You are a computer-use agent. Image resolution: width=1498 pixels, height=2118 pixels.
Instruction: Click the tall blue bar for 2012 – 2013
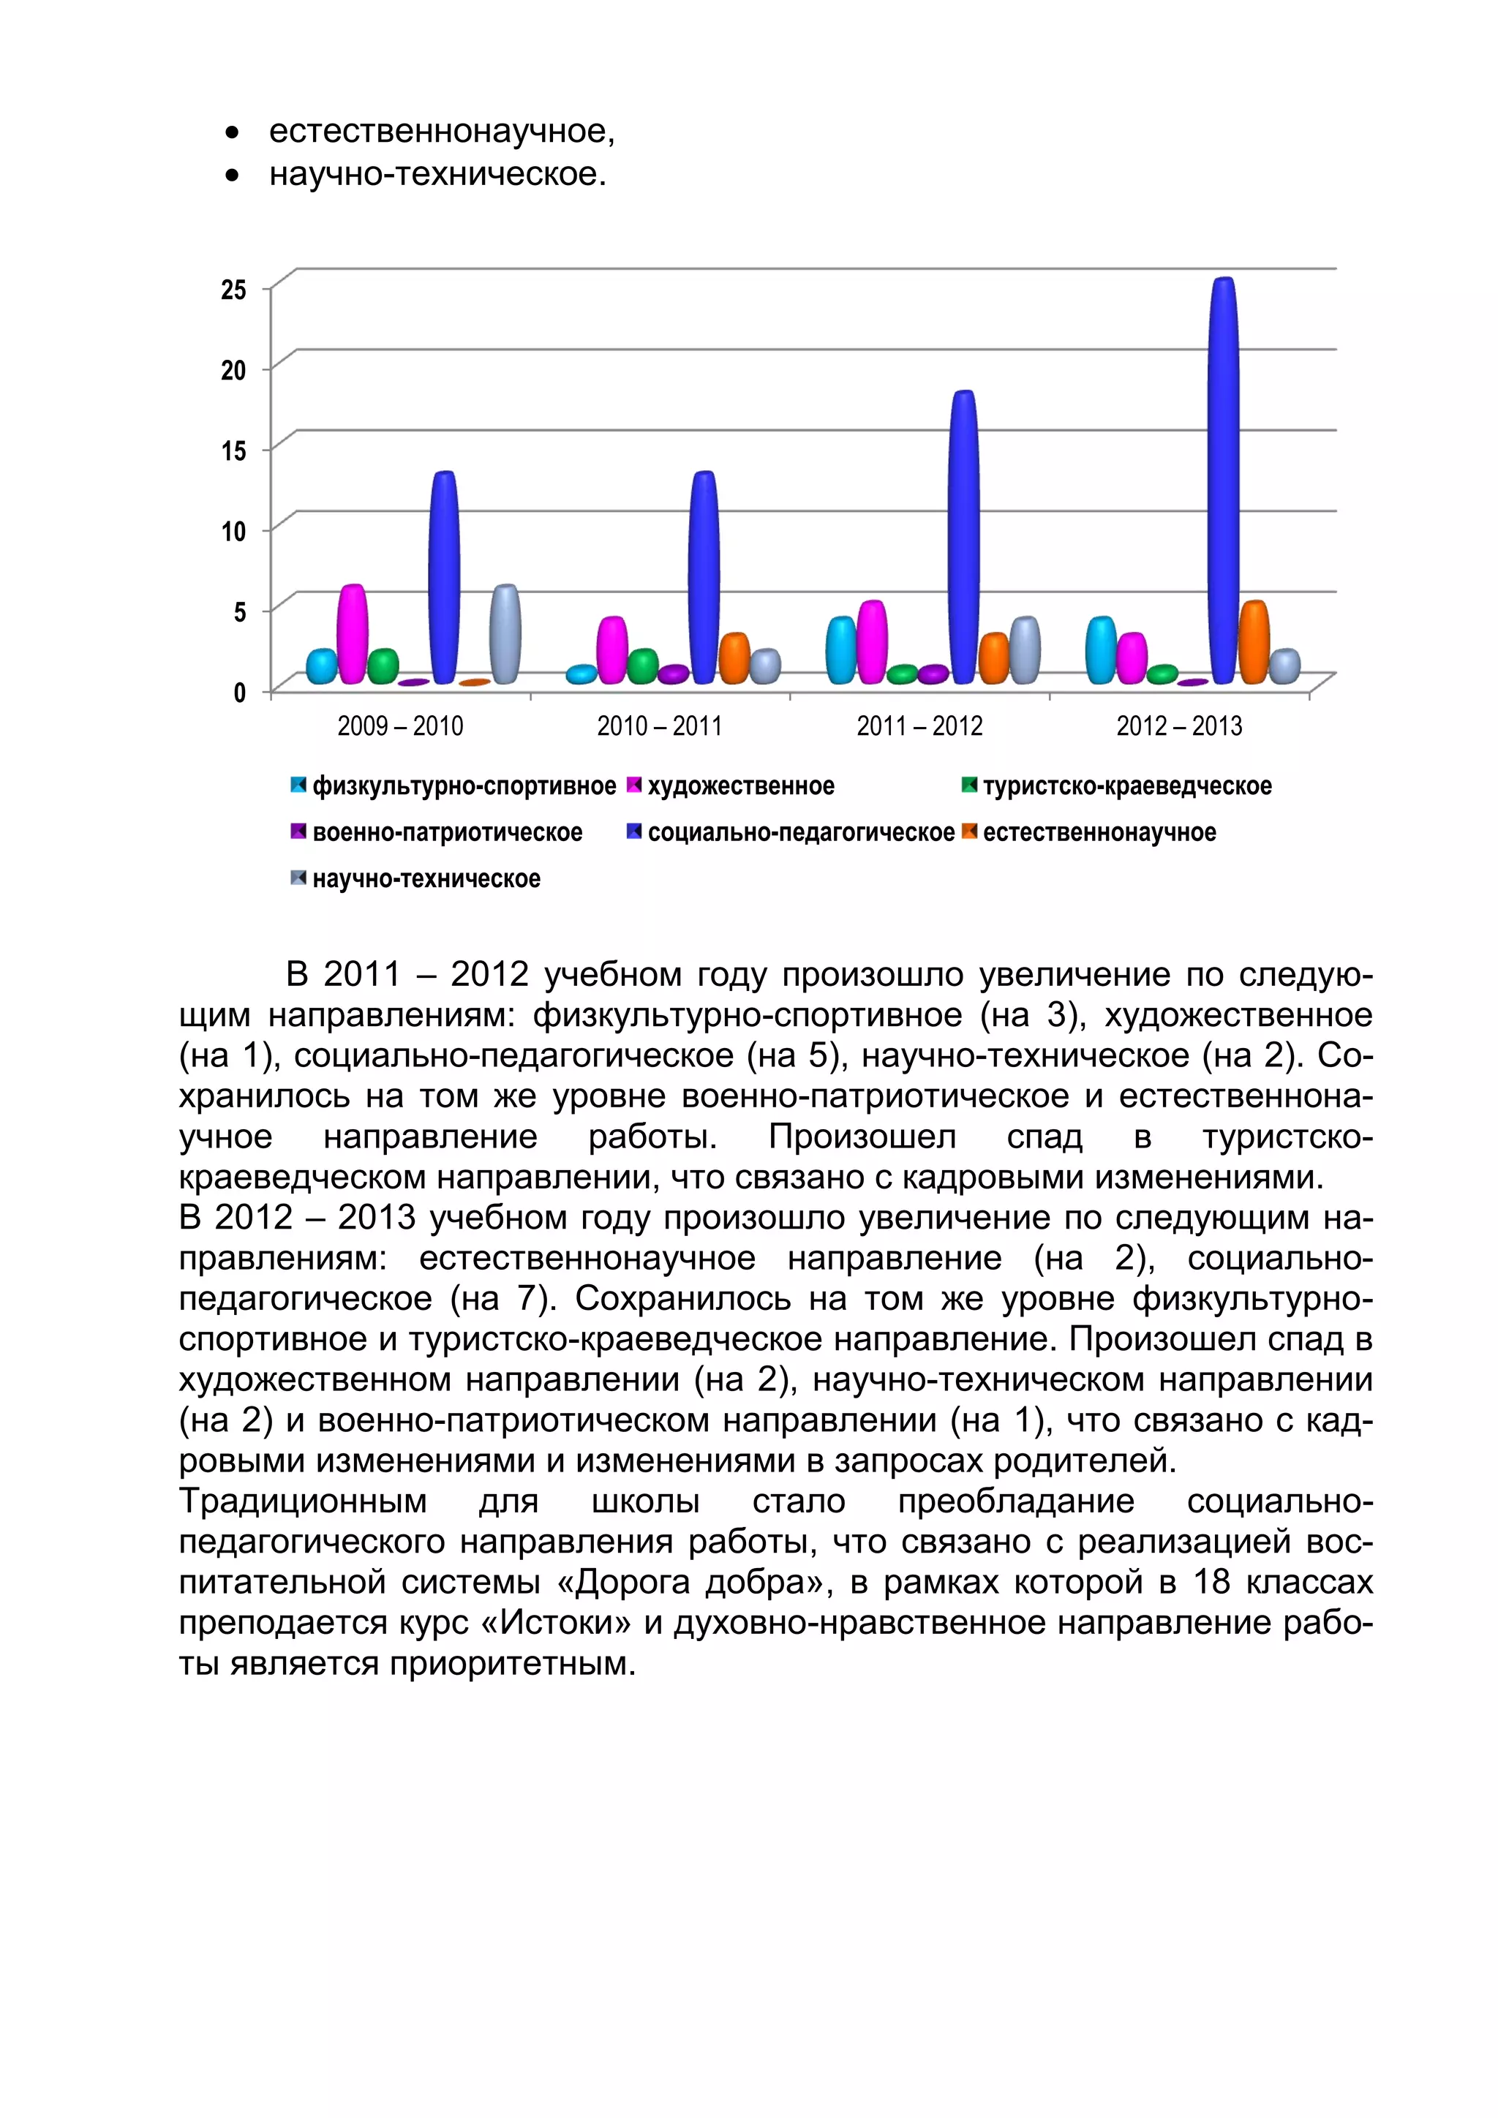(x=1223, y=480)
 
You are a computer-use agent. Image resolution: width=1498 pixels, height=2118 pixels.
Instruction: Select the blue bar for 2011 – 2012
(x=963, y=537)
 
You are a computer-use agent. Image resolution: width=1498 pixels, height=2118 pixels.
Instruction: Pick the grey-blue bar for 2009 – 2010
(x=505, y=634)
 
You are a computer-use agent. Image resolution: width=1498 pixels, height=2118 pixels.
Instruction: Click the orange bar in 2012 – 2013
(x=1254, y=642)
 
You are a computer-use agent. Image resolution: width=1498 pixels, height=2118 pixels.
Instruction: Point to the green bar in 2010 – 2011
(x=642, y=666)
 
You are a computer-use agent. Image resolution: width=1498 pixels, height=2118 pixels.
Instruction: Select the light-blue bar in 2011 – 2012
(x=840, y=650)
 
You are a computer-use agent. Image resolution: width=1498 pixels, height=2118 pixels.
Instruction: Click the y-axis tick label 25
(x=233, y=290)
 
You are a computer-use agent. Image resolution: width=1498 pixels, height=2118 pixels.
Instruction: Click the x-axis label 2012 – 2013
(x=1179, y=726)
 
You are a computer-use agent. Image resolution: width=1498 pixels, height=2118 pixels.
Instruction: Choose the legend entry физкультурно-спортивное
(x=464, y=786)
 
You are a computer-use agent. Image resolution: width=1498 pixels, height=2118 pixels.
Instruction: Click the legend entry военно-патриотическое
(x=448, y=832)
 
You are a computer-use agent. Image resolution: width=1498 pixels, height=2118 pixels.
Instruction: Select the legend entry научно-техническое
(x=426, y=878)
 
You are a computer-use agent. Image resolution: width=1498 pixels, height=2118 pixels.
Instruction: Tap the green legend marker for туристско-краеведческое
(x=968, y=785)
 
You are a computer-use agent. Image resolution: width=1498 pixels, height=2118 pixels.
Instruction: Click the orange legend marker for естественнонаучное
(x=968, y=831)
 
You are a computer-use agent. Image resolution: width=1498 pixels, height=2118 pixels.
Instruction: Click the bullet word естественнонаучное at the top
(x=441, y=131)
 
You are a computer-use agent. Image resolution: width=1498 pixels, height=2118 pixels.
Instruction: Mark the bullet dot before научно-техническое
(x=233, y=174)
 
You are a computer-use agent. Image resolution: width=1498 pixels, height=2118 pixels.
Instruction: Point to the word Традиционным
(x=303, y=1501)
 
